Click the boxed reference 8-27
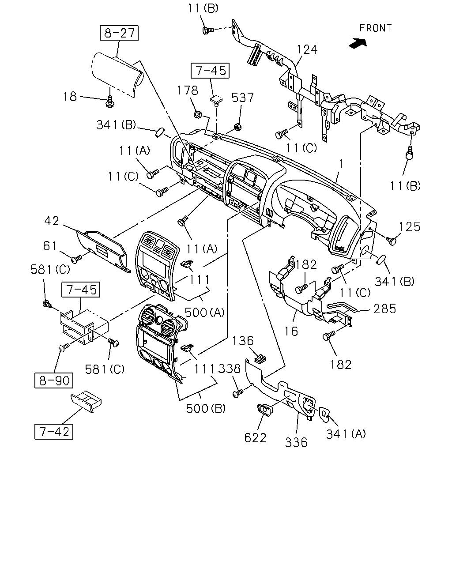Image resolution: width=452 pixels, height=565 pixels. click(119, 33)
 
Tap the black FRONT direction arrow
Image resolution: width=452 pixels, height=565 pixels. click(358, 43)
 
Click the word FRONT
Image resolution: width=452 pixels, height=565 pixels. click(375, 28)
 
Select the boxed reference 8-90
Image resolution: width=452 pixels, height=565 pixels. click(54, 380)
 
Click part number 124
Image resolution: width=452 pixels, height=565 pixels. click(307, 49)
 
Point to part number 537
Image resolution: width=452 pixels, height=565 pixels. click(242, 98)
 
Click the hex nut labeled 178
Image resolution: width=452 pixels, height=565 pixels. click(197, 114)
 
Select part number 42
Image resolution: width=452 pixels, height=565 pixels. click(52, 221)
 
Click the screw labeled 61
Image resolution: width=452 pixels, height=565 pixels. click(76, 259)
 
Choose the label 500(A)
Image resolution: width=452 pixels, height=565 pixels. click(204, 313)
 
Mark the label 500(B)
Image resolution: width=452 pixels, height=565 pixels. click(206, 409)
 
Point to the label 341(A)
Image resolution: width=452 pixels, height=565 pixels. click(346, 434)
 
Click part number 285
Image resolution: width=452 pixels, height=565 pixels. click(385, 309)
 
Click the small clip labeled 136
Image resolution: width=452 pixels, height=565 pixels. click(260, 358)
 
